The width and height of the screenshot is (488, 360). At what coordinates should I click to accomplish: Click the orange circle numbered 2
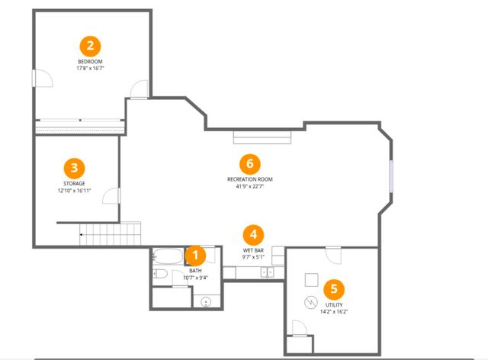point(90,47)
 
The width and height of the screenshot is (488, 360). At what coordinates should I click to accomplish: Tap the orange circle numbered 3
point(75,168)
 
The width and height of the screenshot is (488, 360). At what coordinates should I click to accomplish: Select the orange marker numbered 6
point(250,164)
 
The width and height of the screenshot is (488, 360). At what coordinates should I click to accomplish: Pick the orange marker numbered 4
point(253,235)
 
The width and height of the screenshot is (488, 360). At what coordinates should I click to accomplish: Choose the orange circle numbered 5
point(334,289)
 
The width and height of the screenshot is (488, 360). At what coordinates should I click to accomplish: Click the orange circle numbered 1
point(195,256)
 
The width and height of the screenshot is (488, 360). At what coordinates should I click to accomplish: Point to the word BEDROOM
point(90,62)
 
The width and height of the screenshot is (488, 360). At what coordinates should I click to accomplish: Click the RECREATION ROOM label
point(250,179)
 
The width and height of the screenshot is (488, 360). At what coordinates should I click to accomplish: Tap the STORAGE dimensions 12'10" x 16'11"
point(75,191)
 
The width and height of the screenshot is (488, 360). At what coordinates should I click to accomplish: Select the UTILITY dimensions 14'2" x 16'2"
point(334,311)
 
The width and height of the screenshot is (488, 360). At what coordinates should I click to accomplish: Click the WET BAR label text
point(253,250)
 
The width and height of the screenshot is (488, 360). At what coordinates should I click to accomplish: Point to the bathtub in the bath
point(168,256)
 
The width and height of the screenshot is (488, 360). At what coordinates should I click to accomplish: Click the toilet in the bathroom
point(160,274)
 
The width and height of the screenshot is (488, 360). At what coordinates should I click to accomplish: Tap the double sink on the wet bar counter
point(267,272)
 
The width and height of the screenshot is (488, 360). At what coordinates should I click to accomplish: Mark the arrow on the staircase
point(82,234)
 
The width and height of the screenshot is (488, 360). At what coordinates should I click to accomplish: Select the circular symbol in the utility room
point(310,302)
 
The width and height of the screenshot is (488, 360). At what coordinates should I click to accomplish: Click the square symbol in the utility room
point(311,280)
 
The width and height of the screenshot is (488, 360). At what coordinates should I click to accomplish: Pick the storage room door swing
point(111,196)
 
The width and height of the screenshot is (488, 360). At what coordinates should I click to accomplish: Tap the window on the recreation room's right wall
point(391,176)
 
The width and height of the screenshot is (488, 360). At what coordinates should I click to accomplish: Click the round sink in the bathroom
point(206,302)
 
